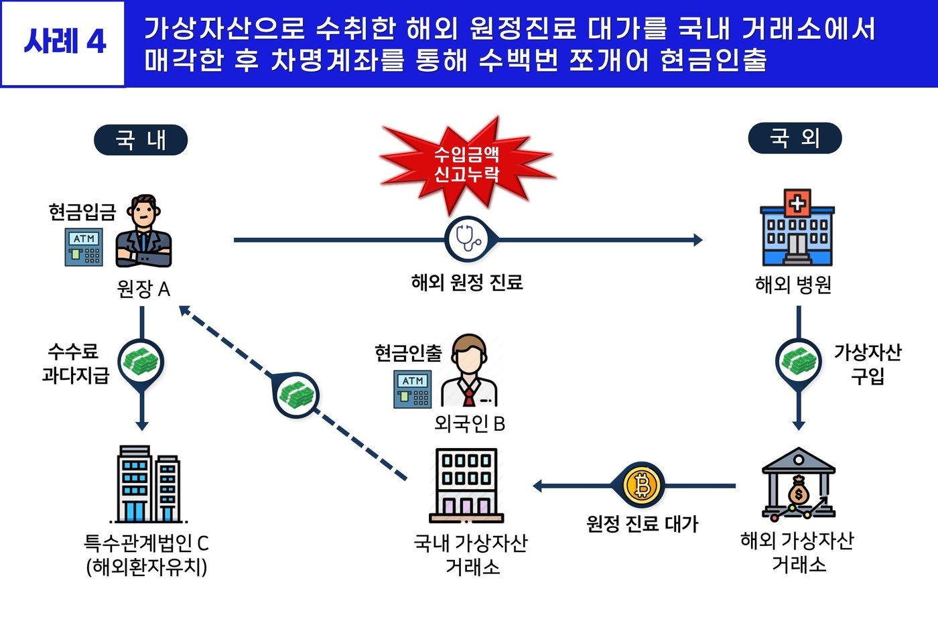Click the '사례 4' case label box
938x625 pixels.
tap(64, 43)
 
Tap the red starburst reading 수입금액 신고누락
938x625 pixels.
tap(467, 163)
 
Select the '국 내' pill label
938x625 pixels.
tap(141, 140)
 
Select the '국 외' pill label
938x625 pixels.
tap(795, 138)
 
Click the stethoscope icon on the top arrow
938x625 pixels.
tap(468, 239)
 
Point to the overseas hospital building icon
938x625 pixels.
tap(797, 227)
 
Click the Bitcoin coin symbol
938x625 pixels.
tap(642, 486)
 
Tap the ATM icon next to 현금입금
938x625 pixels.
tap(84, 247)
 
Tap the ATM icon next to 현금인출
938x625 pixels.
tap(412, 389)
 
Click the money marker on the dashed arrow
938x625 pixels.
tap(296, 395)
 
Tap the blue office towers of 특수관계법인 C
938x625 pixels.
tap(149, 484)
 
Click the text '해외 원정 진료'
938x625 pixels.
tap(467, 282)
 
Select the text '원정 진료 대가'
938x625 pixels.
tap(642, 523)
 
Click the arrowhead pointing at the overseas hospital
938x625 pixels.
tap(697, 240)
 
